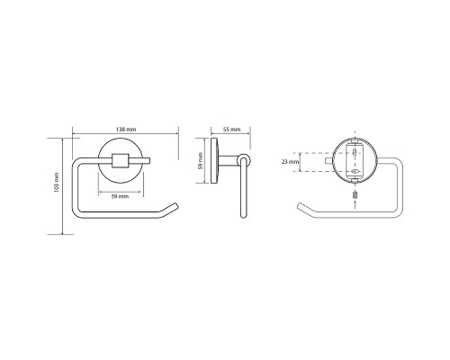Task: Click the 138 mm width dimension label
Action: [126, 130]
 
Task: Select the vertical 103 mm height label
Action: [56, 183]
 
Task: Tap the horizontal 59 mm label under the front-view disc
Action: [120, 196]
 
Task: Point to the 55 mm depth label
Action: [232, 130]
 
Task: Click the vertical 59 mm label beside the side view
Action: [201, 161]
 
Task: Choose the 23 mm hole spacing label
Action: [290, 162]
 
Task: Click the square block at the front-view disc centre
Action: [120, 160]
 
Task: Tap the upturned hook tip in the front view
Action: [175, 205]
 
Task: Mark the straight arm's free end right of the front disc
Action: [148, 161]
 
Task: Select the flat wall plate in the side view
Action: [214, 160]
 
